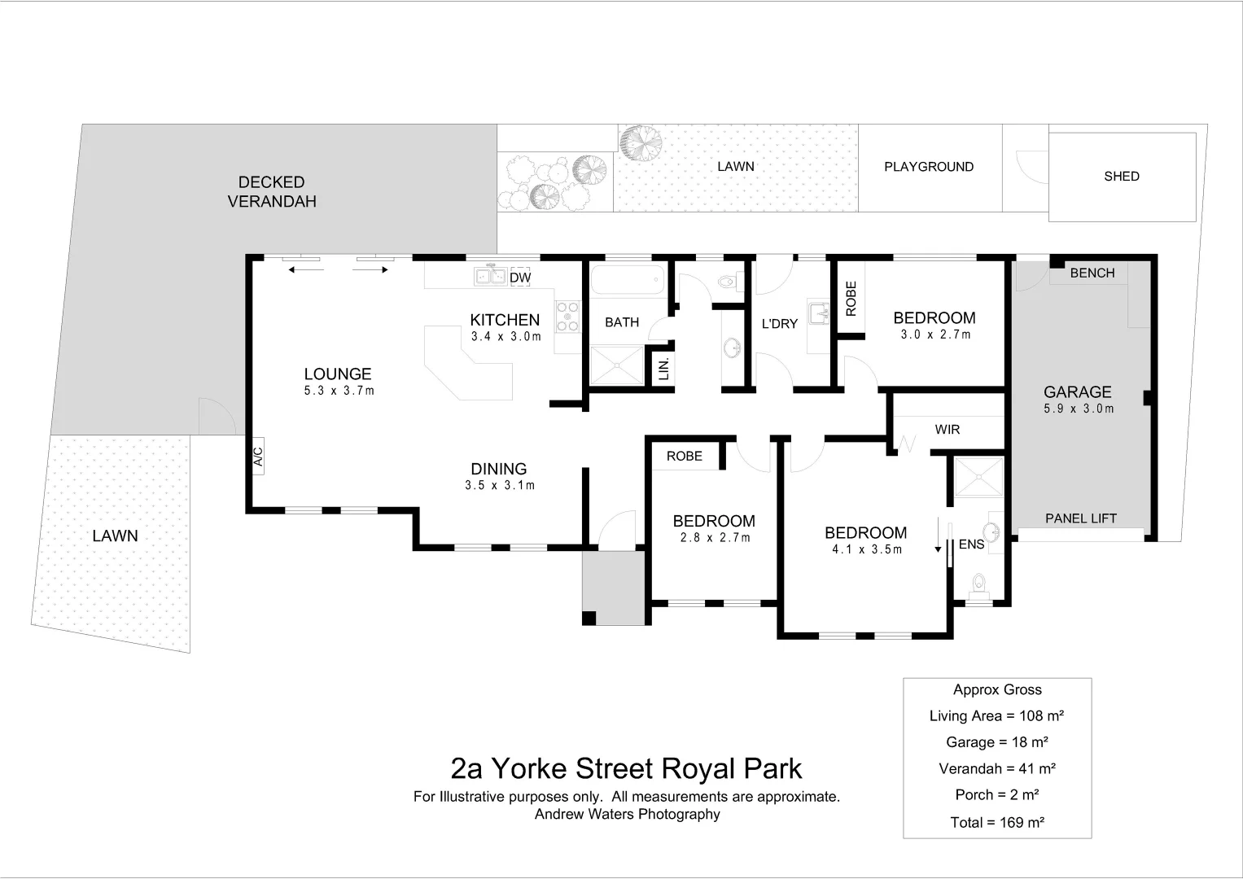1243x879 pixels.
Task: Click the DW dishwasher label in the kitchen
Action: [x=520, y=278]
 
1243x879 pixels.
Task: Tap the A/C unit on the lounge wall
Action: [x=258, y=456]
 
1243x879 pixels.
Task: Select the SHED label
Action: [x=1121, y=176]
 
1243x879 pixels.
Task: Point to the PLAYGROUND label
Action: [x=929, y=167]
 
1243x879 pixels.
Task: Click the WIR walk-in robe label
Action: [x=948, y=429]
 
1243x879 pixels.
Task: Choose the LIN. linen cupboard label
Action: [x=663, y=368]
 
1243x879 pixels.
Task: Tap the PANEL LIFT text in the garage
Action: [x=1080, y=518]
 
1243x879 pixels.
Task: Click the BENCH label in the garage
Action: [x=1092, y=273]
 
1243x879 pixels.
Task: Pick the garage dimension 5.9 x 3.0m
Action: [x=1079, y=409]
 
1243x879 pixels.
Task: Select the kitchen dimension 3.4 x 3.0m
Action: [x=506, y=336]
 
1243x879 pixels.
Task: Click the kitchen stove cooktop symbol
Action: [x=567, y=317]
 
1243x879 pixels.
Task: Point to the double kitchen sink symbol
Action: [x=491, y=277]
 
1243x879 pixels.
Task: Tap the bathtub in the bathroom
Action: [x=626, y=281]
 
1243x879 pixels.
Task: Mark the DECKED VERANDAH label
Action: [x=272, y=192]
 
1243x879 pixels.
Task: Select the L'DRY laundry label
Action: [x=779, y=324]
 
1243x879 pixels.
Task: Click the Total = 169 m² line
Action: [x=997, y=822]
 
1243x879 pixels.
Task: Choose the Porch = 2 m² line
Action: [x=997, y=794]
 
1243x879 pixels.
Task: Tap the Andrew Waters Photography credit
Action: [x=627, y=814]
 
